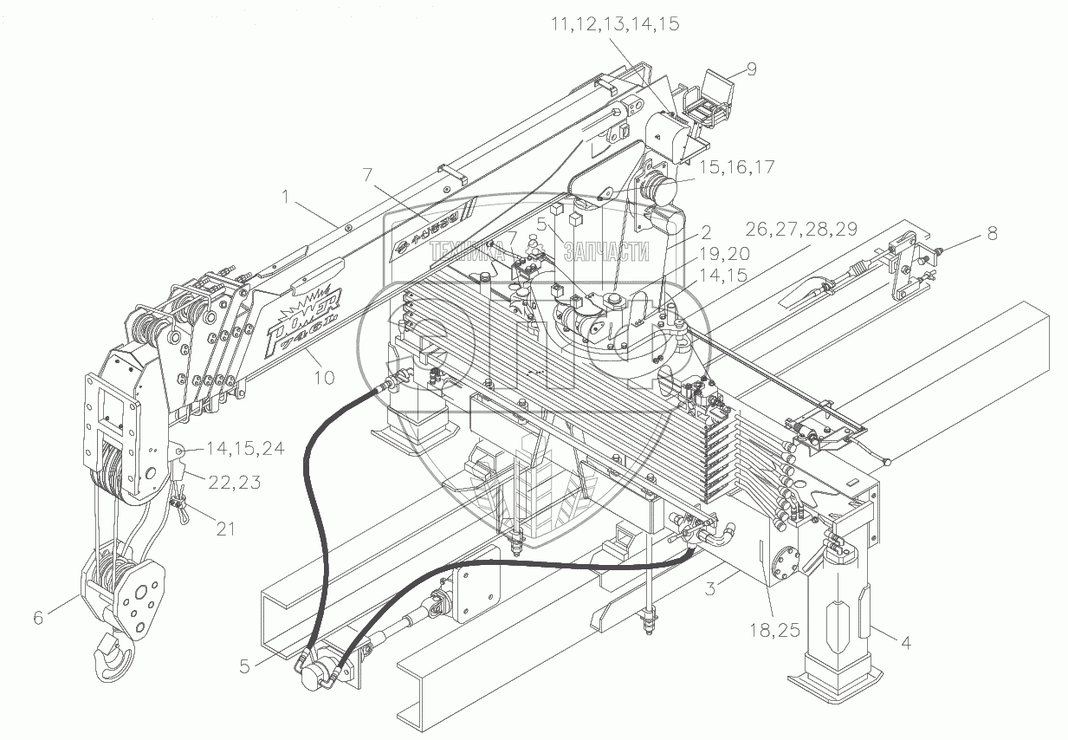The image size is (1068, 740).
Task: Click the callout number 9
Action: tap(751, 70)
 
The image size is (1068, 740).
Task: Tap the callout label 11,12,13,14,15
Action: tap(614, 25)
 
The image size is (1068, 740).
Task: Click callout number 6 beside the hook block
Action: tap(37, 618)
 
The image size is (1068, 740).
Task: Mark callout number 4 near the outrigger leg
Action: tap(905, 643)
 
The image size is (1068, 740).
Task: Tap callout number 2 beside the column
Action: tap(706, 231)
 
